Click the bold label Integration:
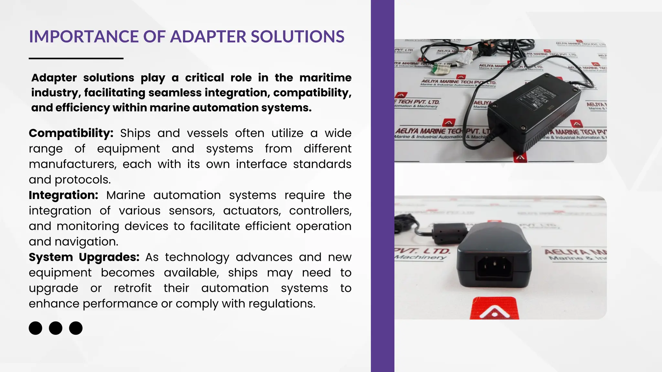63,195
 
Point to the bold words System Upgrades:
84,257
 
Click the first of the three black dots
36,328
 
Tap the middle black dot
56,328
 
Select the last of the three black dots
76,328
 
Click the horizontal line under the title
76,58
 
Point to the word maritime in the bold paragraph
325,78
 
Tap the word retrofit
133,288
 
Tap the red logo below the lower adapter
495,309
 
